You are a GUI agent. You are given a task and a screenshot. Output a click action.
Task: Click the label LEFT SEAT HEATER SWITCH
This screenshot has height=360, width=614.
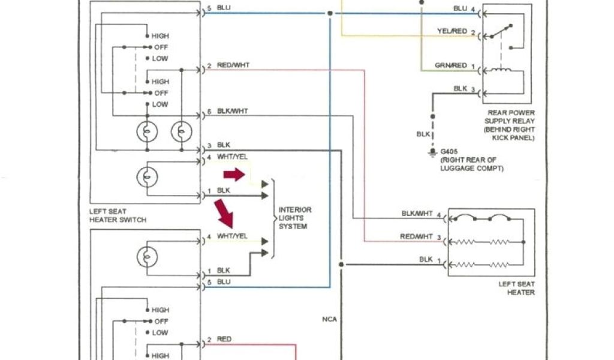(x=118, y=216)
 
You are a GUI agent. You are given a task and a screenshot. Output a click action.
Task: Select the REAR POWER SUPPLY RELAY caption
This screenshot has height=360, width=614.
(x=511, y=125)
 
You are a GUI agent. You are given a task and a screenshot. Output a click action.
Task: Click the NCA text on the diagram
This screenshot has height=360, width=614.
(x=329, y=319)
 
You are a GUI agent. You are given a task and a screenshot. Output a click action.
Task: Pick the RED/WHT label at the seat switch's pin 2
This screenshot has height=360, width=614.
(x=233, y=65)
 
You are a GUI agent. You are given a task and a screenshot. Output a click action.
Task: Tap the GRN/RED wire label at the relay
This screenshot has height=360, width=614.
(x=451, y=65)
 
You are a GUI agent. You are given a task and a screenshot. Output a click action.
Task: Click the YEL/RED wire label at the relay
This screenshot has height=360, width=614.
(x=452, y=31)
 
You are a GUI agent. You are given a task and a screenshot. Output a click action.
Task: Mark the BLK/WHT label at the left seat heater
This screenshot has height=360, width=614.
(x=417, y=214)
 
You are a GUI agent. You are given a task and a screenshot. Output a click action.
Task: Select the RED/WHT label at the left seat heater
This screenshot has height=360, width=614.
(x=416, y=237)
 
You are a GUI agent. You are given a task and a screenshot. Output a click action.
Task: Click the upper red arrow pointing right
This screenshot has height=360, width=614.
(x=234, y=175)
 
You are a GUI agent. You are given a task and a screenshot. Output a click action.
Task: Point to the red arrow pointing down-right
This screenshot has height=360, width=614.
(x=225, y=213)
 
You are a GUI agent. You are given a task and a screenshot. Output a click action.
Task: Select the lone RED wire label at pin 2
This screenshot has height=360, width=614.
(x=224, y=340)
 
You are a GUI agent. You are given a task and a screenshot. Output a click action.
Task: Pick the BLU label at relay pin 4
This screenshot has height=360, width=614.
(x=460, y=8)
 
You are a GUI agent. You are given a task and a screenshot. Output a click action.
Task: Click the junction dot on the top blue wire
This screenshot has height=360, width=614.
(x=330, y=13)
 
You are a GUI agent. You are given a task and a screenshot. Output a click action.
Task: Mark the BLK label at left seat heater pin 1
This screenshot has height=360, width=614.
(x=426, y=259)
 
